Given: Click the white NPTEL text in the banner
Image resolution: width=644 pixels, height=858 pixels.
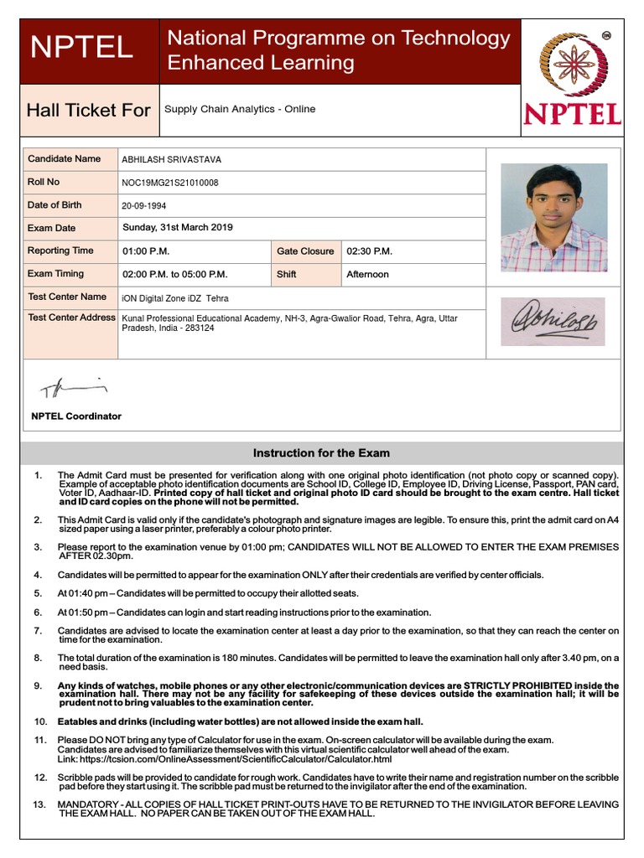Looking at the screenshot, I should (x=81, y=48).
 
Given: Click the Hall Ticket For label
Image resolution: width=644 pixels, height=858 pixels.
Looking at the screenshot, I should (x=89, y=111).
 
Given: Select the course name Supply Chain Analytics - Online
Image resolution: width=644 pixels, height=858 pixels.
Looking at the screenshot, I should (x=240, y=109).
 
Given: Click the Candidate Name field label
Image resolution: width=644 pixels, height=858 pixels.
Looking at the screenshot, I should (x=64, y=158).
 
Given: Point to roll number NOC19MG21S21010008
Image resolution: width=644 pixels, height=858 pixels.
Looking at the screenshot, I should (x=170, y=183).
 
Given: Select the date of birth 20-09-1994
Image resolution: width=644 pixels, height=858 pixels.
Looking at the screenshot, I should (x=145, y=206).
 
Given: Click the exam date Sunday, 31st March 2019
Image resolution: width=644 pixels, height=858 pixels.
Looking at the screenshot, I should (x=178, y=228).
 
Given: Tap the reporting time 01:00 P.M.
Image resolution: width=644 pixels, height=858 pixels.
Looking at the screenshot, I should (x=146, y=251).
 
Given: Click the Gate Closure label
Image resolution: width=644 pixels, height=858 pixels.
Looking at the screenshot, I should (x=305, y=251).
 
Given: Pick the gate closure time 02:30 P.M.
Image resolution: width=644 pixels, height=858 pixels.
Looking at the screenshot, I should (x=369, y=251).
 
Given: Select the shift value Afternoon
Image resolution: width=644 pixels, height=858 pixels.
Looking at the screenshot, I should (x=367, y=274).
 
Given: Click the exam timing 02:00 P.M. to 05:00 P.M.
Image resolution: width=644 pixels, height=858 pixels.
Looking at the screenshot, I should (x=175, y=274).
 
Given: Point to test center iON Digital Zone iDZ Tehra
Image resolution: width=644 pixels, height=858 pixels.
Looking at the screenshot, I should (x=175, y=298).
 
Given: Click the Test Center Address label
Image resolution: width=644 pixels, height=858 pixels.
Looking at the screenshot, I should (x=71, y=318).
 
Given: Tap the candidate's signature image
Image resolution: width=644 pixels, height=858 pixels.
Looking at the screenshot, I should (x=553, y=321).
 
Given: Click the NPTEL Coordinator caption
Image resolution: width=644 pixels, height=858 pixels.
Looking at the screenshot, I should (x=76, y=416).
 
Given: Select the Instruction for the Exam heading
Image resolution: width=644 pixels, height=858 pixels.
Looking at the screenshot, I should (x=321, y=453).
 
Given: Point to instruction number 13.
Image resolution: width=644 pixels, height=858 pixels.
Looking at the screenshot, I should (x=39, y=804).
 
